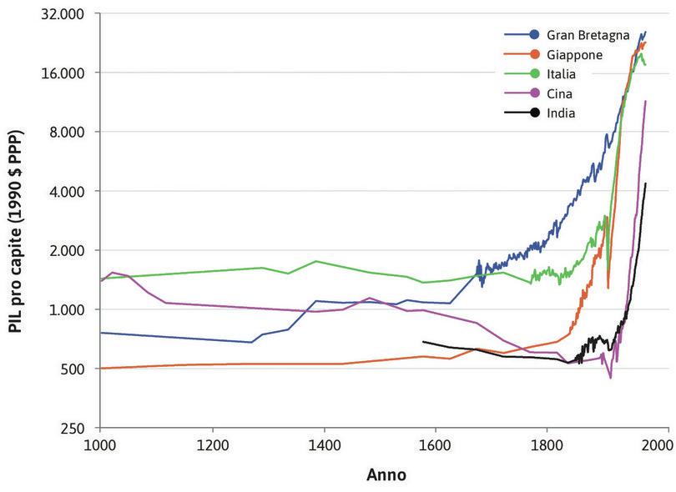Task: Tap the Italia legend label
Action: pos(561,73)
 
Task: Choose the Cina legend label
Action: pos(560,93)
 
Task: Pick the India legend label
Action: pos(561,113)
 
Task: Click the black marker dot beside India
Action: pos(533,113)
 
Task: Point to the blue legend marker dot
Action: pos(533,35)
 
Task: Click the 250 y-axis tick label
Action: pos(78,428)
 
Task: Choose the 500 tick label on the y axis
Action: pos(78,369)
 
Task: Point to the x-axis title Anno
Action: pos(386,475)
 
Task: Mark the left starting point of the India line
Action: pos(424,341)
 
